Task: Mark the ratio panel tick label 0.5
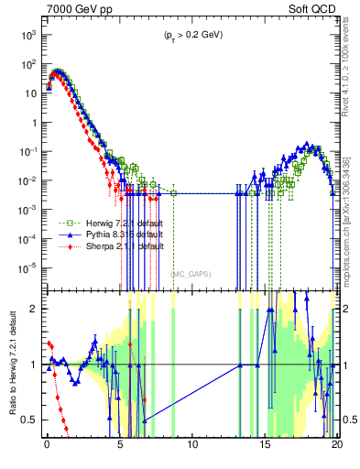(33, 420)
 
